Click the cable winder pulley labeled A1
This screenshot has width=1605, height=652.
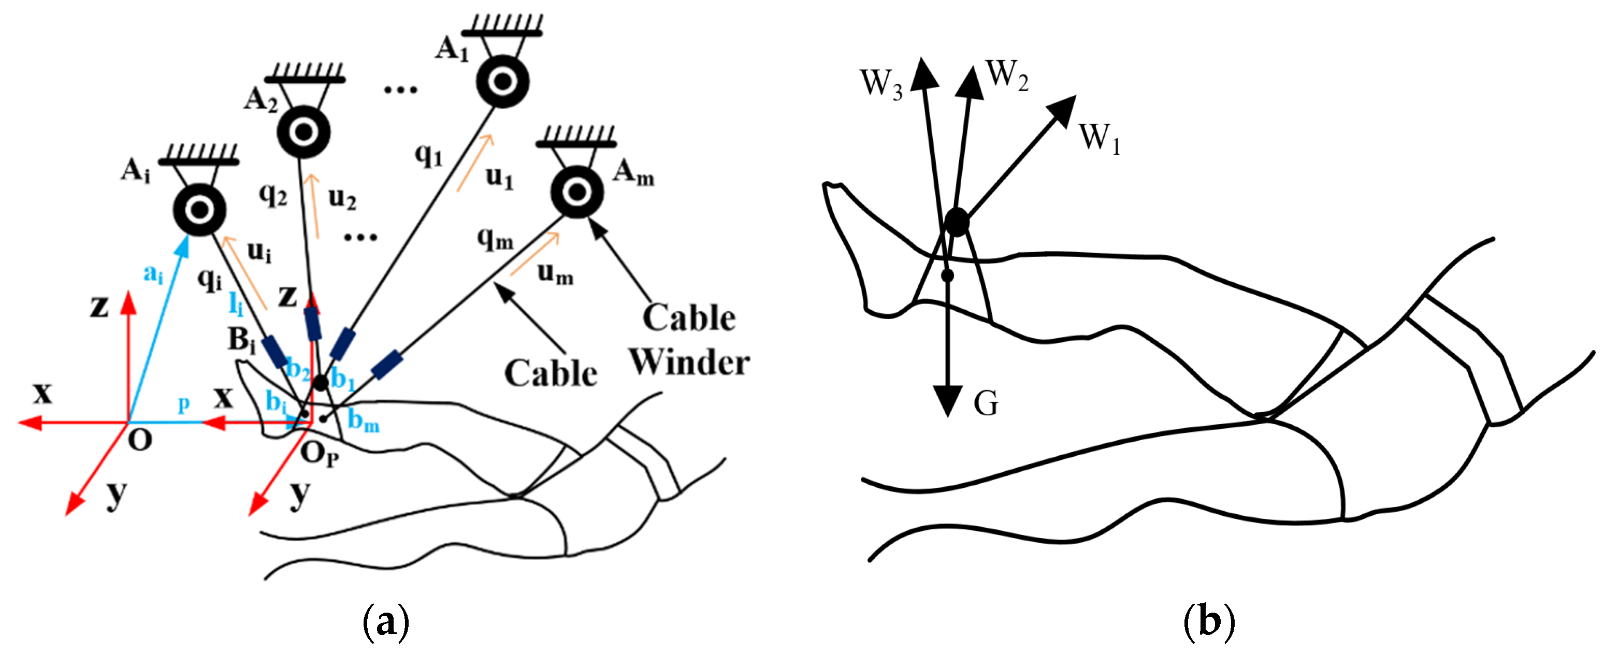(502, 81)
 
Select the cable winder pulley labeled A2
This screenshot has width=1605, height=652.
(303, 132)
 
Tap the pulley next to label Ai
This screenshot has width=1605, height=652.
(199, 210)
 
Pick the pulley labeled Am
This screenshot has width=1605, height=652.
(577, 192)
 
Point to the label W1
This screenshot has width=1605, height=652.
(1100, 138)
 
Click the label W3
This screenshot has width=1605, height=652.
(881, 83)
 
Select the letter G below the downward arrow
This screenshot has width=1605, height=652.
(986, 404)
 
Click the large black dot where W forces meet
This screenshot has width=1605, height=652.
(957, 222)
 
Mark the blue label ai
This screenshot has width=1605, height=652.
(153, 273)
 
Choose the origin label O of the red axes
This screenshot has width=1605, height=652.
(140, 441)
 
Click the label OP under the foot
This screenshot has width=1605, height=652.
(319, 455)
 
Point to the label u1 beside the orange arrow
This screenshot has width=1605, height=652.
(500, 178)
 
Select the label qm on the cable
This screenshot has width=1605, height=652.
(495, 238)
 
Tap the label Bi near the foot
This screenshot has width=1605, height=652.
(242, 341)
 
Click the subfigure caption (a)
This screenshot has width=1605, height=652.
(386, 621)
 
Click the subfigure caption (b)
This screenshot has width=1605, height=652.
(1209, 621)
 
